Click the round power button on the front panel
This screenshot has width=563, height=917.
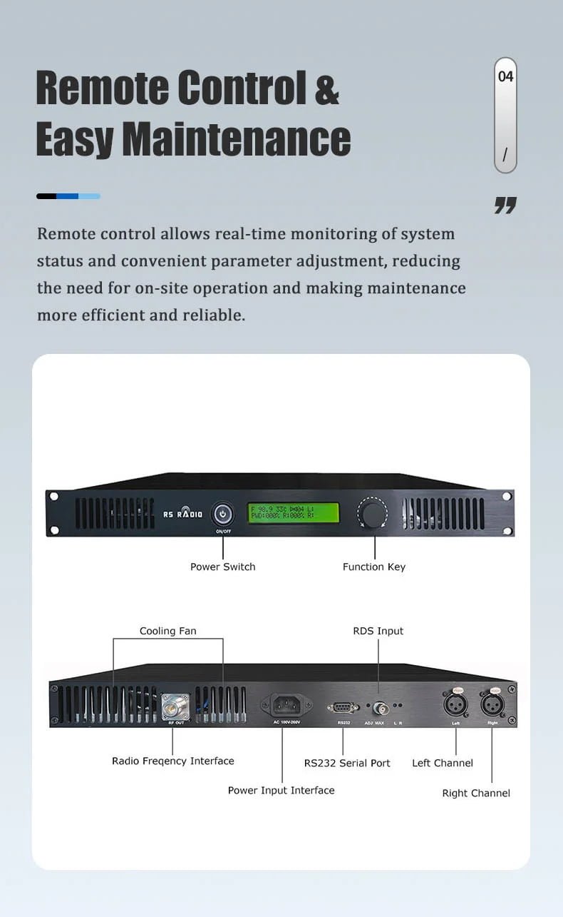tap(223, 513)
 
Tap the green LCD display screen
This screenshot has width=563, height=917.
tap(294, 512)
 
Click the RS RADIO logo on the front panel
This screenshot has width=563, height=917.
tap(182, 514)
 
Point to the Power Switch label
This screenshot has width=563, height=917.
tap(222, 567)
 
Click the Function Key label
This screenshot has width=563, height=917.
tap(373, 567)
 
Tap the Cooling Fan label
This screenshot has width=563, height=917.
tap(167, 631)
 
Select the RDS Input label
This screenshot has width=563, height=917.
tap(378, 631)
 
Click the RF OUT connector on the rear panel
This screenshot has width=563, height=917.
tap(171, 706)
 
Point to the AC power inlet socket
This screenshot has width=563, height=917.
tap(287, 706)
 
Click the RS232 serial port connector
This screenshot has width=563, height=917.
tap(343, 707)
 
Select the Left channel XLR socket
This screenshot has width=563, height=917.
tap(455, 706)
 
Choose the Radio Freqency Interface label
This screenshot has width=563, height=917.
tap(172, 761)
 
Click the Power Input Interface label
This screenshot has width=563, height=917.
tap(281, 790)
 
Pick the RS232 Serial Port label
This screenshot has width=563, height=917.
tap(347, 763)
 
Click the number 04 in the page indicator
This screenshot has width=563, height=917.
tap(505, 76)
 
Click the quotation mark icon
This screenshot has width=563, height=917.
tap(505, 206)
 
